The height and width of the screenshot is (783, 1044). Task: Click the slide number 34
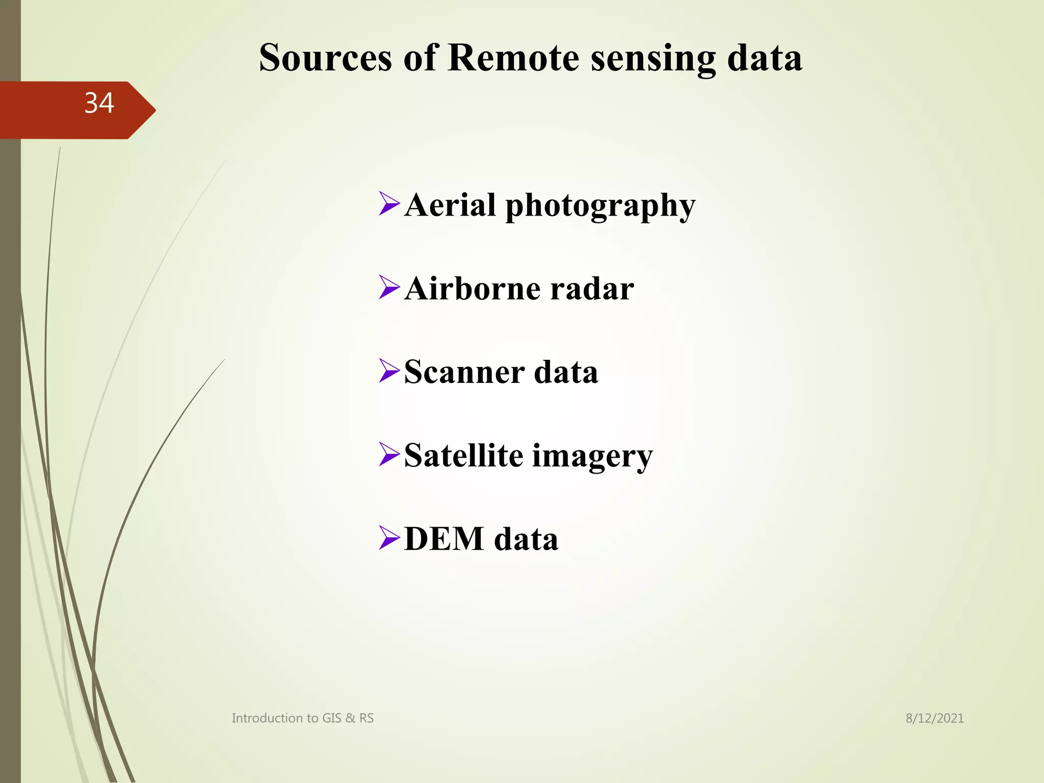pos(99,103)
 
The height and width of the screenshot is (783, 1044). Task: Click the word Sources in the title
pos(325,58)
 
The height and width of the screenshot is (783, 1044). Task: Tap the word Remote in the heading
pos(513,58)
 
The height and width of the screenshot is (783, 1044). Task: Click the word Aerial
pos(450,205)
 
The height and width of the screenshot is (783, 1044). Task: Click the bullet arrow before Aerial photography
pos(389,203)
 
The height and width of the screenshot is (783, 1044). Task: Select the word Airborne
pos(472,289)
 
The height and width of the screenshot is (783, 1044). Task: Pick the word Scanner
pos(464,372)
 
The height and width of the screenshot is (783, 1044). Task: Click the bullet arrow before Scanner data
pos(389,371)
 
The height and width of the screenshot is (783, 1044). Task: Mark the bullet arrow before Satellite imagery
pos(389,454)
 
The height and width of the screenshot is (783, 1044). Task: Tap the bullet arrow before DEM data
pos(389,538)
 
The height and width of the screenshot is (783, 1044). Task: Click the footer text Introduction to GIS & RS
pos(302,718)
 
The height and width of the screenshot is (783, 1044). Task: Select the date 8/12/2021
pos(934,718)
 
